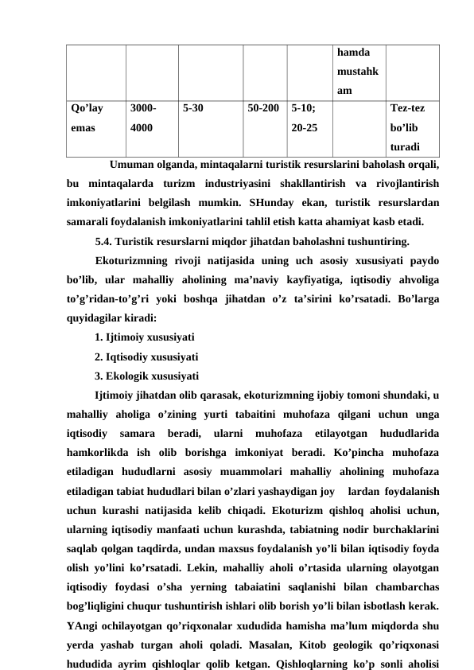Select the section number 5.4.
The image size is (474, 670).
[103, 240]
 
